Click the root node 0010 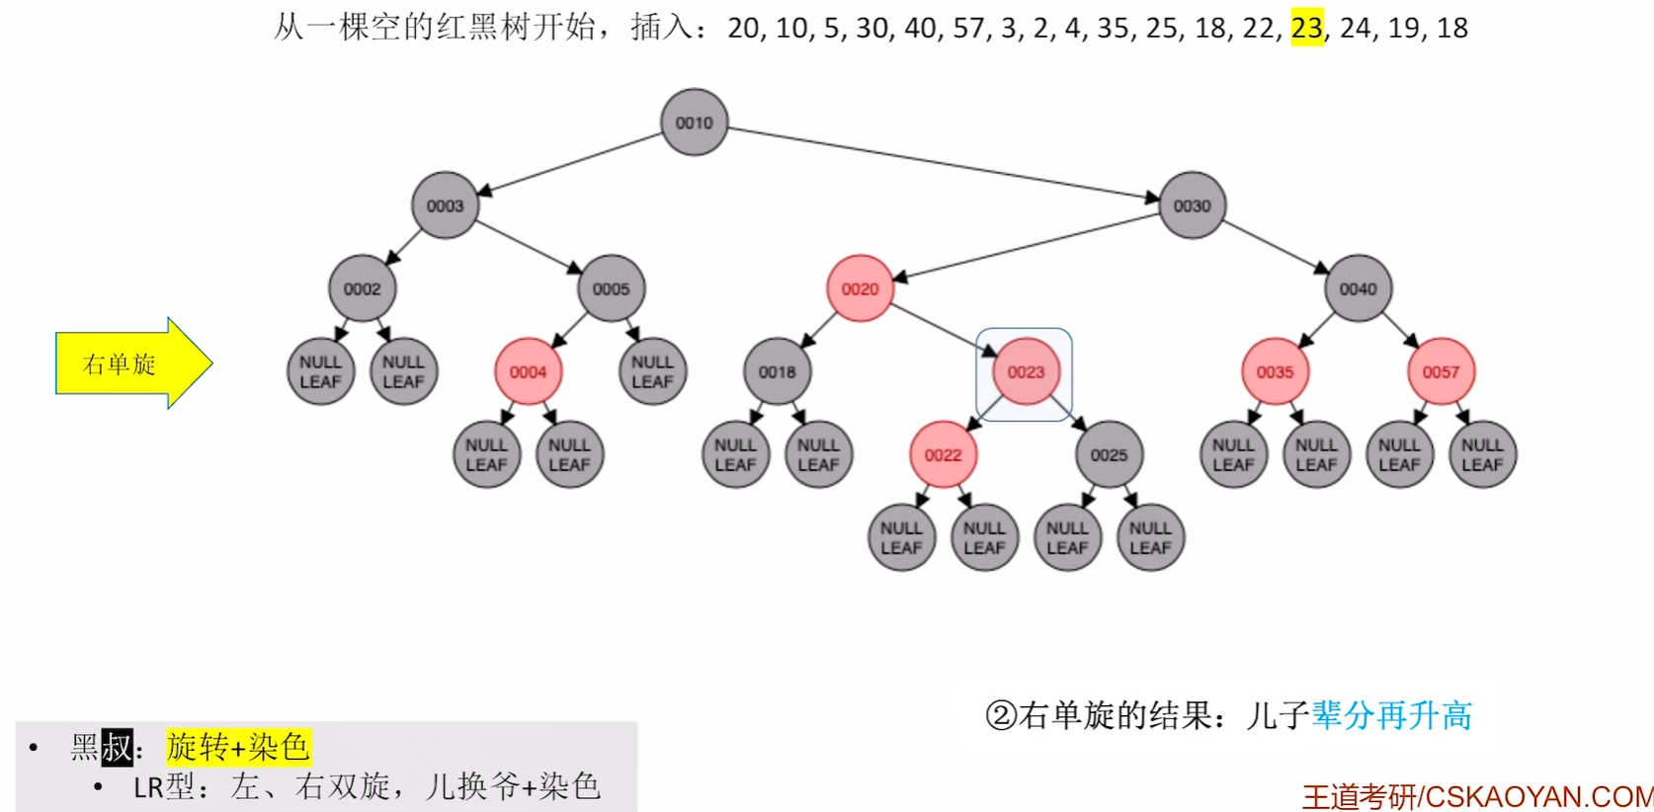[694, 122]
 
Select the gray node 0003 [445, 205]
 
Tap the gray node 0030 [1192, 205]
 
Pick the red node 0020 [860, 288]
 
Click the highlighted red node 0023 [1026, 372]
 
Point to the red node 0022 [943, 455]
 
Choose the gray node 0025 [1109, 455]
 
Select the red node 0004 [528, 372]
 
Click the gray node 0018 [777, 372]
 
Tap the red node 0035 [1275, 372]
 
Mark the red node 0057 [1441, 372]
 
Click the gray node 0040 [1358, 288]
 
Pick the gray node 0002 [362, 288]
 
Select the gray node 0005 [611, 288]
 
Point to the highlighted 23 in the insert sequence [1306, 28]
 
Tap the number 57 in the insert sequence [968, 28]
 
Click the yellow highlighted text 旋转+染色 [238, 747]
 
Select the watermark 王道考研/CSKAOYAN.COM [1477, 796]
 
